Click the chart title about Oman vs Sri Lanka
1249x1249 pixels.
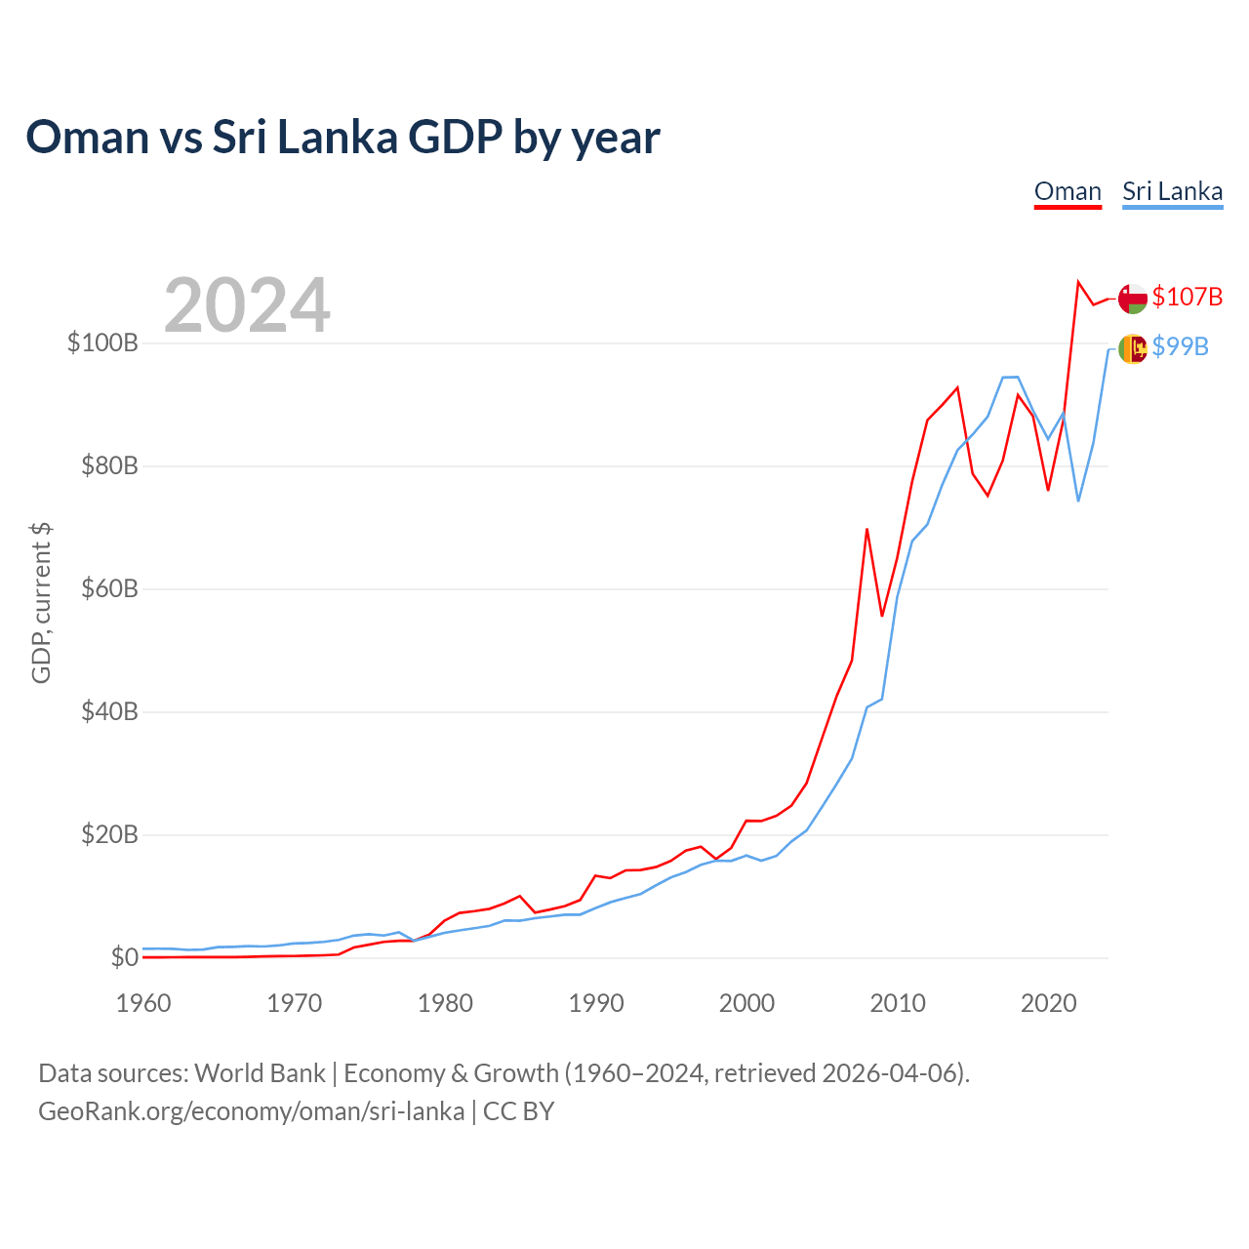pos(342,137)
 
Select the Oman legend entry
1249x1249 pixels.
pos(1068,191)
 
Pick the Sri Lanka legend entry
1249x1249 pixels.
pos(1172,191)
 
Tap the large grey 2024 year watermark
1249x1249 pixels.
pos(247,305)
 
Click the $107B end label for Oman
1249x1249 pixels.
pos(1187,297)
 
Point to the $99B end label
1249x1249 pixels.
pos(1180,346)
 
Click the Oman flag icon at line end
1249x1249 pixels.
pos(1133,299)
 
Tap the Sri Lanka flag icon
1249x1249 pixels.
pos(1133,348)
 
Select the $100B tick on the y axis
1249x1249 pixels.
pos(102,343)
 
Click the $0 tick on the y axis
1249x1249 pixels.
pos(124,957)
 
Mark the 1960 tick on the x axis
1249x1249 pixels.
pos(143,1003)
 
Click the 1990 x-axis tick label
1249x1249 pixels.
pos(596,1003)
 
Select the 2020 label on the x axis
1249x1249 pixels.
pos(1048,1003)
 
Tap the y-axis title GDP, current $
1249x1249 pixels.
pos(41,603)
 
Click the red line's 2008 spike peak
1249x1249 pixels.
pos(866,529)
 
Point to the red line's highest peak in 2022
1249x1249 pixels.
pos(1078,282)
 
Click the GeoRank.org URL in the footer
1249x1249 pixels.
pos(251,1111)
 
